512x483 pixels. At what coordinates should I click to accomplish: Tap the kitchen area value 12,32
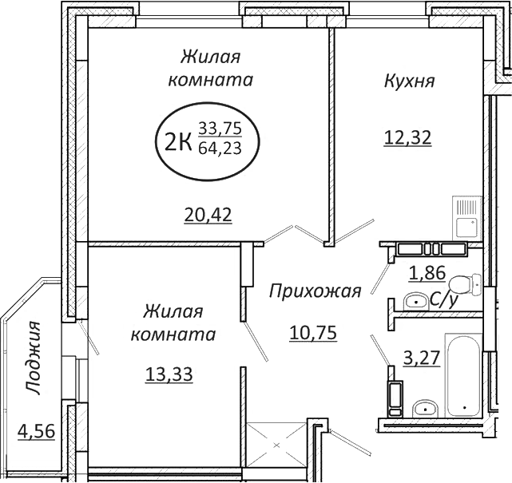[407, 137]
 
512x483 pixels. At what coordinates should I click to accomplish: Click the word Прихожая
[315, 291]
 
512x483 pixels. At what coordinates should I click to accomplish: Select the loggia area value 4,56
[35, 432]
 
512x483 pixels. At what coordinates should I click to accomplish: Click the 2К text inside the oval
[177, 142]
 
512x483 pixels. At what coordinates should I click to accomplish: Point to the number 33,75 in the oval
[219, 128]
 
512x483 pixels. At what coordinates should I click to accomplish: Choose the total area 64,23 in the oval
[219, 148]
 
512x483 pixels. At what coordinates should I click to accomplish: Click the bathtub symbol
[463, 375]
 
